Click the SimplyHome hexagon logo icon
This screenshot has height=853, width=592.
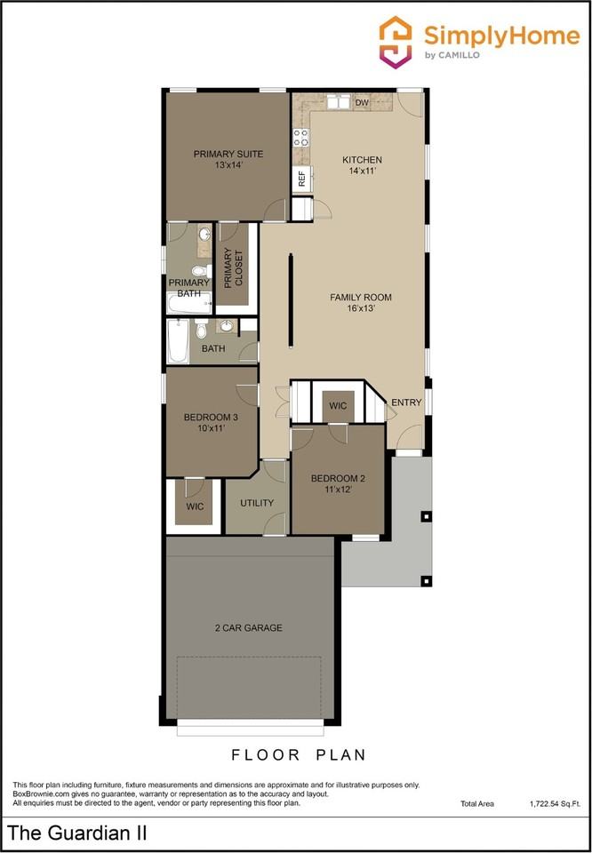(396, 42)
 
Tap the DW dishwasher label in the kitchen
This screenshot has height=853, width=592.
(362, 103)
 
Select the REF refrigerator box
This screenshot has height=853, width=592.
(302, 178)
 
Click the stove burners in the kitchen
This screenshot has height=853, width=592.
(301, 137)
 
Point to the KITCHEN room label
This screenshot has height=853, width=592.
(362, 160)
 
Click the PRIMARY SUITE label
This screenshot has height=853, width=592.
(228, 154)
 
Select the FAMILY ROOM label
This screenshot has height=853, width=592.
(360, 298)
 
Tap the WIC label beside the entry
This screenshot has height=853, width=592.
(339, 406)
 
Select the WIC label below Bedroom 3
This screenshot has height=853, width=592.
(195, 506)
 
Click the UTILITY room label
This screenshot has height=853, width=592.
(257, 503)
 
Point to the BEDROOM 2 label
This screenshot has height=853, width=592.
(338, 478)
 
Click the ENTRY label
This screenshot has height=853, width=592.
(406, 403)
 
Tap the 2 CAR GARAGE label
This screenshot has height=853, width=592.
(249, 627)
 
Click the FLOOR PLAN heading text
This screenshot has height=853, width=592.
(299, 755)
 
